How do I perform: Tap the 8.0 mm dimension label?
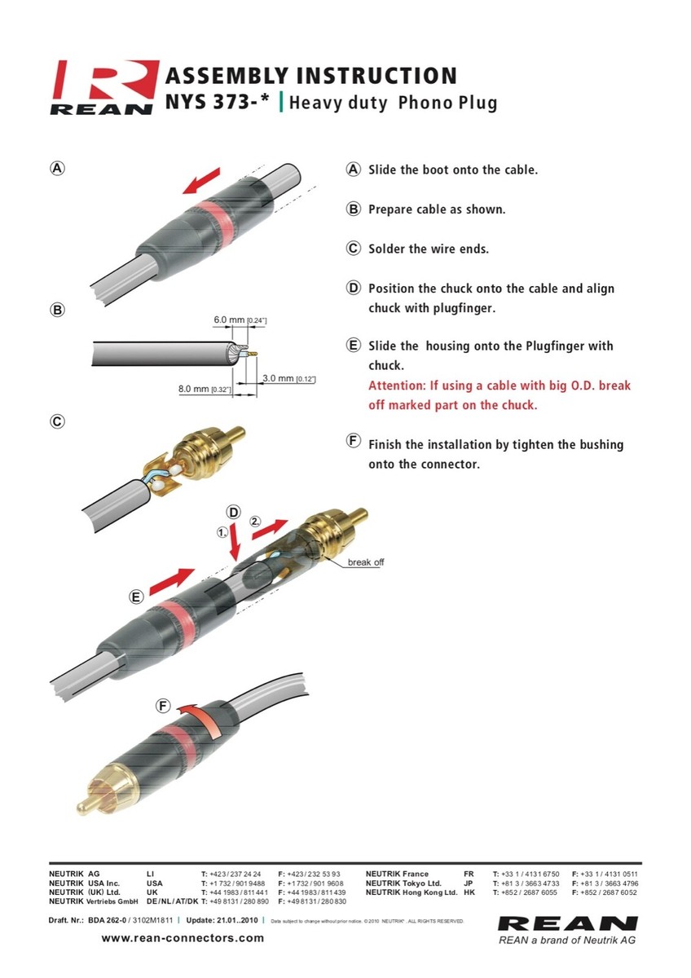[194, 389]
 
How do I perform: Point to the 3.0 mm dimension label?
[279, 379]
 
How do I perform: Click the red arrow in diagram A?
[200, 181]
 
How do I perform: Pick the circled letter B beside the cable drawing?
[58, 310]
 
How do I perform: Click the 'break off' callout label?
[366, 562]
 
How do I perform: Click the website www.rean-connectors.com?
[183, 938]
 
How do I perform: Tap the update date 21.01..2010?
[241, 920]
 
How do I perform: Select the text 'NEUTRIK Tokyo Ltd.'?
[403, 883]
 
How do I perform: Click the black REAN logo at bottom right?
[567, 924]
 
